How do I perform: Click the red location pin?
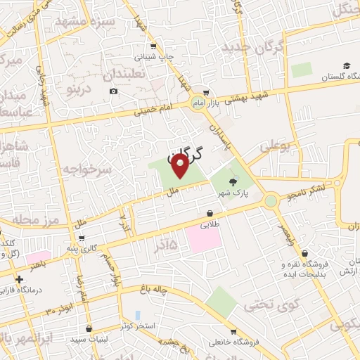tap(180, 165)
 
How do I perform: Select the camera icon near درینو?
tap(114, 91)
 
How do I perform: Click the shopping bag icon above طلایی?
tap(210, 214)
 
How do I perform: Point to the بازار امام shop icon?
tap(205, 92)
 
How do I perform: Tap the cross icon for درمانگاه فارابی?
tap(20, 279)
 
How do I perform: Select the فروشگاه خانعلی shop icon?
tap(233, 332)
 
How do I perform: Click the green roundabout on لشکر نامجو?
tap(270, 201)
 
